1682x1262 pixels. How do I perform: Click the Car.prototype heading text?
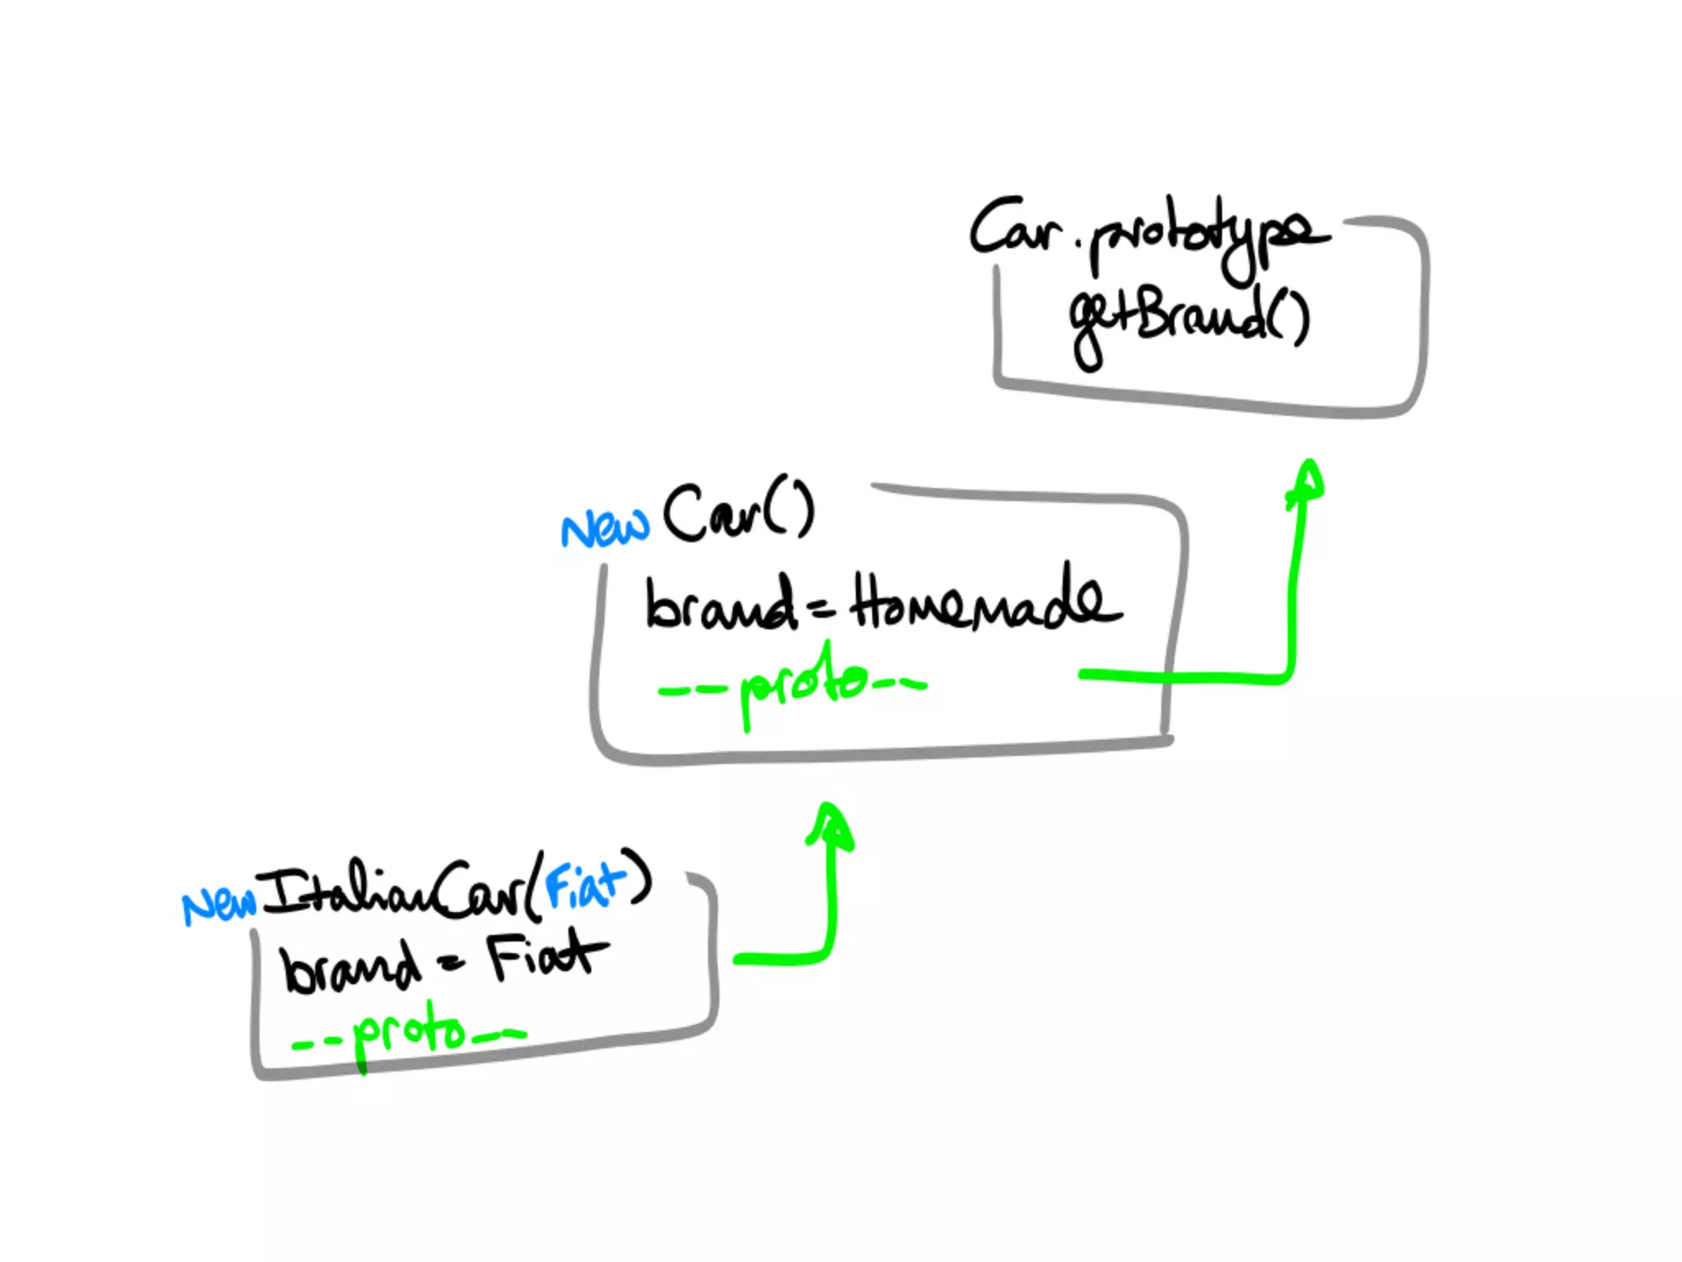point(1150,234)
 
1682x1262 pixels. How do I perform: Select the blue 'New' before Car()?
point(604,527)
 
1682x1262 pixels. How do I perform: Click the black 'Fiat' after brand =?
point(547,956)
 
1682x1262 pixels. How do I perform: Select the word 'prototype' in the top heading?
point(1207,238)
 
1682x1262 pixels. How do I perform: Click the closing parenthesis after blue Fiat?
point(638,877)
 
